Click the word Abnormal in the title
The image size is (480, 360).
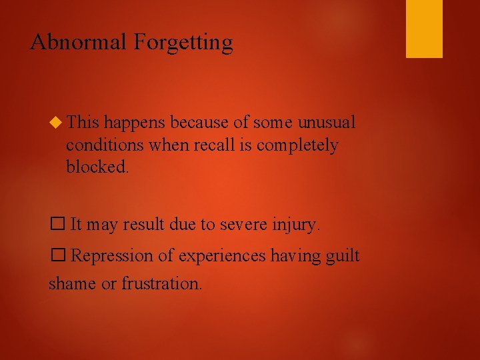[x=79, y=42]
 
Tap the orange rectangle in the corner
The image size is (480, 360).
[x=424, y=29]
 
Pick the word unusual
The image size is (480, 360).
[x=326, y=122]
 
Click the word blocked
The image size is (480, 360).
[x=97, y=167]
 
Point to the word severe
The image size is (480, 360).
[x=237, y=225]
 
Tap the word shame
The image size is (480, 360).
[x=72, y=283]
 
